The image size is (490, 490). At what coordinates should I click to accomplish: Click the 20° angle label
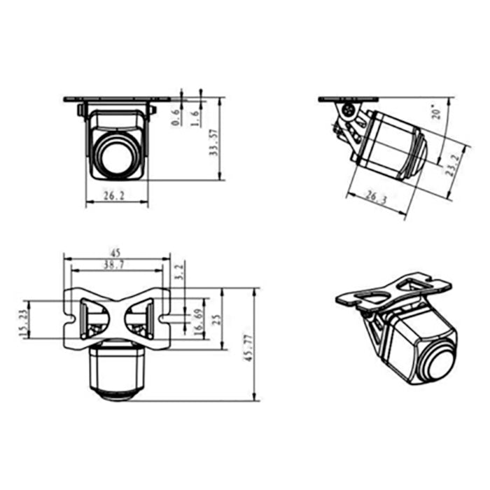click(x=436, y=112)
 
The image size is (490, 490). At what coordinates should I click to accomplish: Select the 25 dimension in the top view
click(x=217, y=318)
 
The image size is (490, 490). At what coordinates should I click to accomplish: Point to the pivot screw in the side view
click(x=346, y=112)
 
